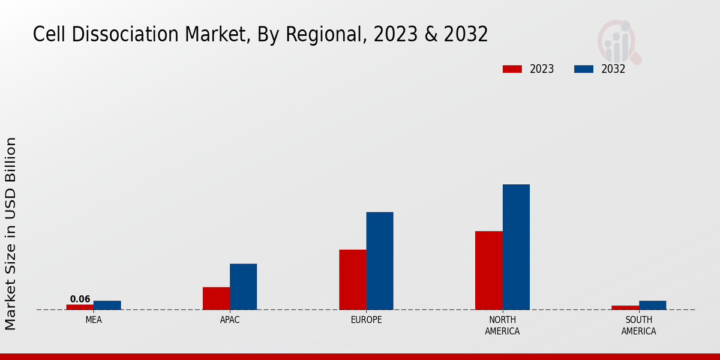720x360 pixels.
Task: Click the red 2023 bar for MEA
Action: point(80,307)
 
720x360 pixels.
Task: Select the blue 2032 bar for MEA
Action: point(107,305)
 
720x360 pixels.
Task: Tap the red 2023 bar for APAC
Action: point(216,298)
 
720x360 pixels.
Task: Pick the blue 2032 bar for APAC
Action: point(243,287)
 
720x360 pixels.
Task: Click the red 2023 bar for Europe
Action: point(352,280)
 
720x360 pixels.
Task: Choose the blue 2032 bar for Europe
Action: point(380,261)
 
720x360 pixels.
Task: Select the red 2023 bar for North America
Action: point(488,271)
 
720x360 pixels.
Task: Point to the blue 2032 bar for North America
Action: point(516,247)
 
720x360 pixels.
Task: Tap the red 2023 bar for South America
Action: point(625,307)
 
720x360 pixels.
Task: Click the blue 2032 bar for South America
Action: point(652,305)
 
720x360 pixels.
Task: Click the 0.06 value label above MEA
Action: point(80,299)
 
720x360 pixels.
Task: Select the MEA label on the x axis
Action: point(94,320)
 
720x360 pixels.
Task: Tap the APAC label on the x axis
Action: point(230,320)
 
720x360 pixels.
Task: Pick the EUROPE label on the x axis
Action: point(366,320)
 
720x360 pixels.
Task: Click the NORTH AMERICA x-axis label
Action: point(502,326)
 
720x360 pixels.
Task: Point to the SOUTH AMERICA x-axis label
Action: point(638,326)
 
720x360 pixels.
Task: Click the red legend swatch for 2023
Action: point(512,69)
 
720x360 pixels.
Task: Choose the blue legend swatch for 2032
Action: point(583,69)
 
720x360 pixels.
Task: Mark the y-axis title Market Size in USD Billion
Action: point(11,233)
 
